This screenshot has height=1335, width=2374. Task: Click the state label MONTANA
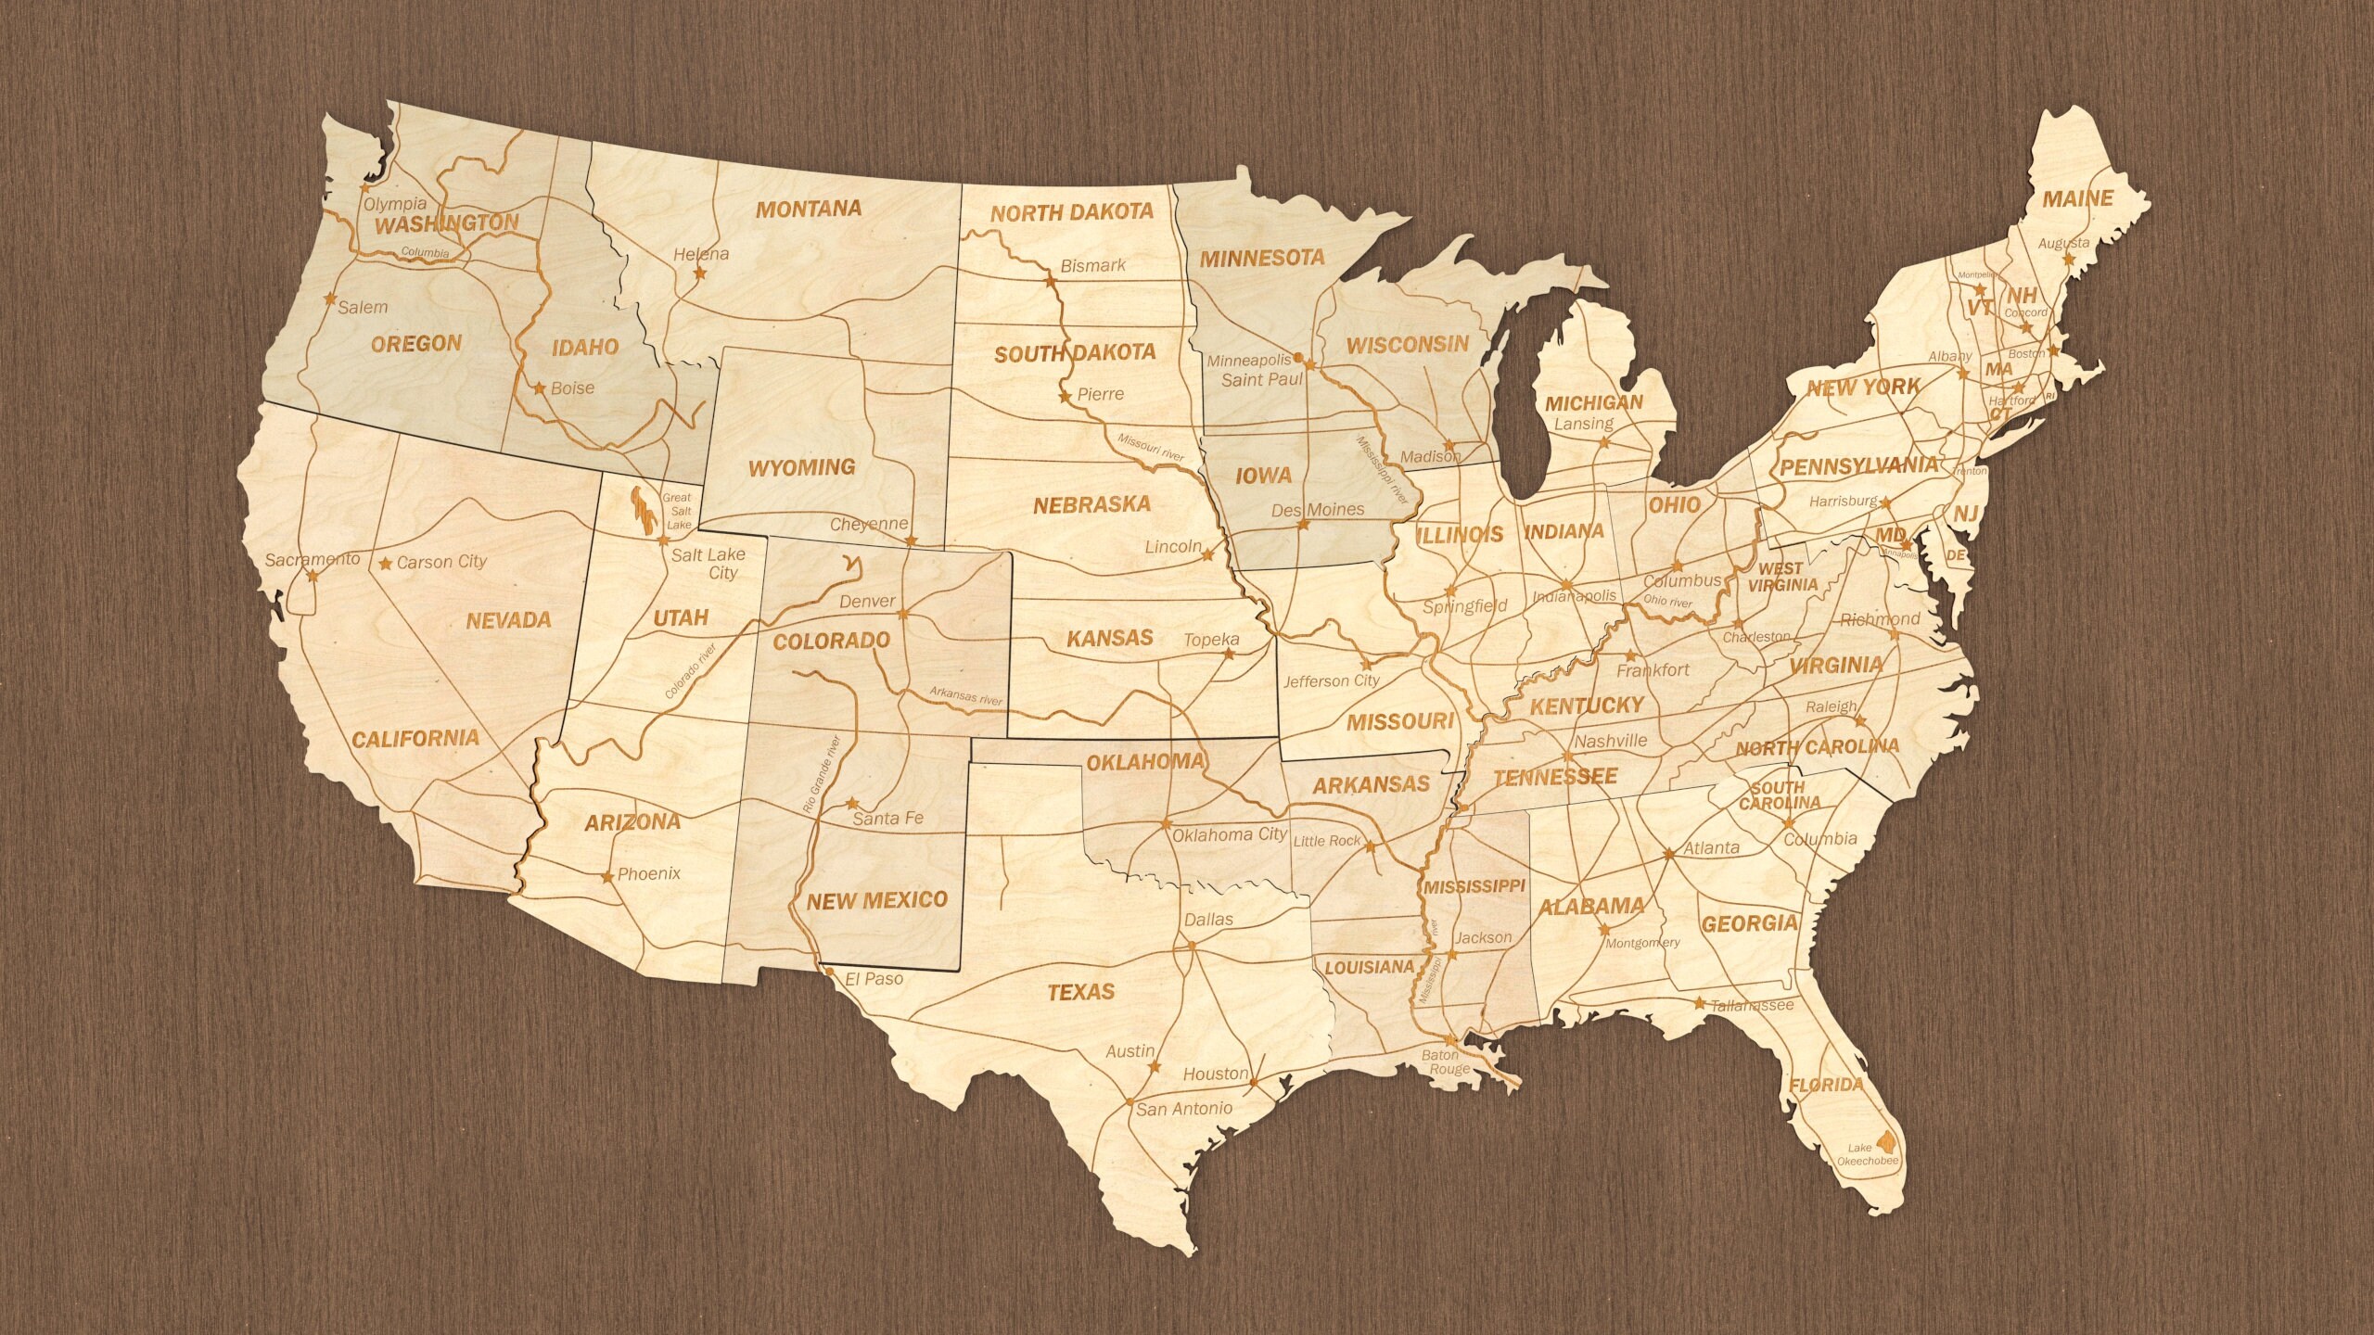click(x=808, y=209)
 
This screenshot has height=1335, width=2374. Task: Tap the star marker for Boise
click(x=540, y=388)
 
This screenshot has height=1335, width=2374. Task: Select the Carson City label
click(x=441, y=562)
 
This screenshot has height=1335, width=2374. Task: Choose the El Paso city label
click(x=873, y=977)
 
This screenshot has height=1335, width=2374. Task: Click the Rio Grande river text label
click(x=822, y=775)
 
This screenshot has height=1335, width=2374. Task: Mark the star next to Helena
click(x=700, y=274)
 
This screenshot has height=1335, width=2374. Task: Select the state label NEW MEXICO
click(x=876, y=899)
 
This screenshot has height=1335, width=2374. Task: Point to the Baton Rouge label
click(x=1446, y=1062)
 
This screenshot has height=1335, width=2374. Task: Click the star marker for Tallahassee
click(x=1699, y=1003)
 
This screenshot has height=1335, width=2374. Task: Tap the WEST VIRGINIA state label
click(x=1782, y=577)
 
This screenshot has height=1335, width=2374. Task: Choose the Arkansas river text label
click(x=966, y=696)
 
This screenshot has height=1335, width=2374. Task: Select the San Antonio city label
click(x=1184, y=1108)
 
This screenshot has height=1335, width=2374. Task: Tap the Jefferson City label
click(x=1331, y=680)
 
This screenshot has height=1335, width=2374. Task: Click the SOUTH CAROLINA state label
click(x=1779, y=795)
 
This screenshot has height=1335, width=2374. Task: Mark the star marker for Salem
click(x=329, y=299)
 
